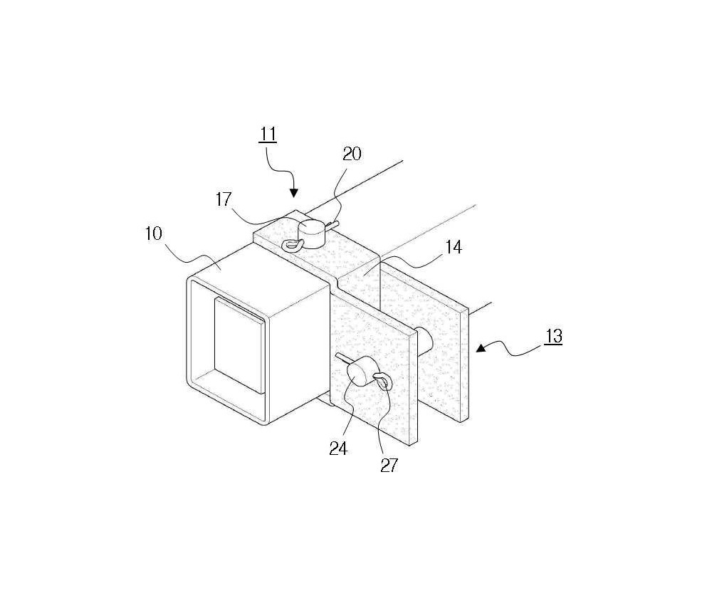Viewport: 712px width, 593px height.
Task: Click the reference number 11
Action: (268, 135)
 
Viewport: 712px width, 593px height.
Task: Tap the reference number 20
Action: (352, 154)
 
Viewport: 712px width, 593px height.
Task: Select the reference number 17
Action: (224, 199)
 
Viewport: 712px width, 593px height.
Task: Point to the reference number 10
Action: (154, 233)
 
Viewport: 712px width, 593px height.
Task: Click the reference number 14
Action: (453, 248)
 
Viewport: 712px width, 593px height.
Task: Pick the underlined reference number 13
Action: (553, 337)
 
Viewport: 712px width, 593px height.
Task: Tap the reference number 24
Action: (338, 448)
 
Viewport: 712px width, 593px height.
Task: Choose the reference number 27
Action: (389, 465)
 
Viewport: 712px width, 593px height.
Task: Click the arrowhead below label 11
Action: (294, 193)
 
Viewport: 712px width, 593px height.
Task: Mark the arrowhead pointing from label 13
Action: (481, 348)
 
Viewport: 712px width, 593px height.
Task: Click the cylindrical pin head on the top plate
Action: (312, 233)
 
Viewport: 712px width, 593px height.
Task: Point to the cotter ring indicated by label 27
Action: (382, 380)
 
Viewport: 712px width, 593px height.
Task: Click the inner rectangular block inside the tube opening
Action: (239, 345)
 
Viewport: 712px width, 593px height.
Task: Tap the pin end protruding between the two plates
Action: (425, 340)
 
